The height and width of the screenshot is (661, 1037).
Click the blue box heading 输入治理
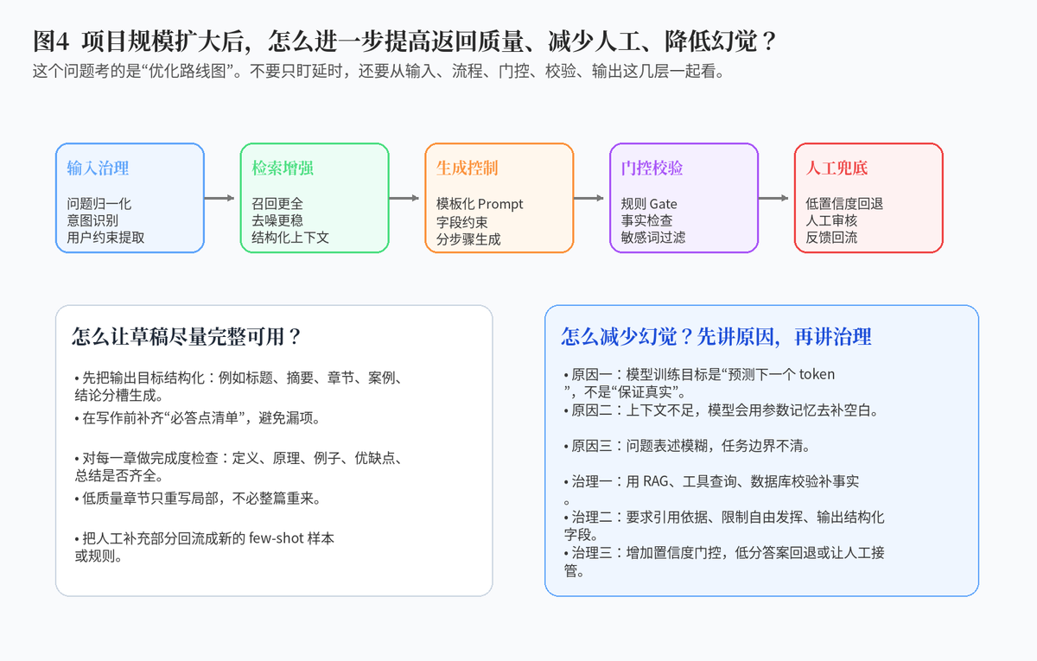(98, 168)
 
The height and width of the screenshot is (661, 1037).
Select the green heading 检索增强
(283, 168)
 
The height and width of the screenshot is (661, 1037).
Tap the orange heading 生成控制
(468, 168)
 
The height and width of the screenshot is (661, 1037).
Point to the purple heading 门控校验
(652, 168)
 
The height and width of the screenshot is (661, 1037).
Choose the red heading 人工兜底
(837, 168)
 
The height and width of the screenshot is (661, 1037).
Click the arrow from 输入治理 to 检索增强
(219, 198)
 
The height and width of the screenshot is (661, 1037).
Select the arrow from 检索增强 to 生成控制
(404, 198)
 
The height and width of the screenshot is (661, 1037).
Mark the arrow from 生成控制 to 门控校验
(588, 198)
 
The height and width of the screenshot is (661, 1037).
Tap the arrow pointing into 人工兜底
(773, 198)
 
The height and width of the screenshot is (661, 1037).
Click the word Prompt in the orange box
(500, 204)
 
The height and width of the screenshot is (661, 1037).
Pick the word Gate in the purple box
(663, 204)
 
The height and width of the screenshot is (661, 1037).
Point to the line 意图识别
(92, 220)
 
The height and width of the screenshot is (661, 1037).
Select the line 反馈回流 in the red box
(831, 238)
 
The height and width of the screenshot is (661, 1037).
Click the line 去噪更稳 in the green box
(277, 220)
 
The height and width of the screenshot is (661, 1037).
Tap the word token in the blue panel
(818, 374)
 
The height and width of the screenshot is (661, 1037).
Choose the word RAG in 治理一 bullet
(656, 481)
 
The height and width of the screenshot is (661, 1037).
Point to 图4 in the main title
(51, 41)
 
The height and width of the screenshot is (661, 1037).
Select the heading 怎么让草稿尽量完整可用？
(187, 336)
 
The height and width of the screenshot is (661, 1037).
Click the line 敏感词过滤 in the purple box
(653, 238)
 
